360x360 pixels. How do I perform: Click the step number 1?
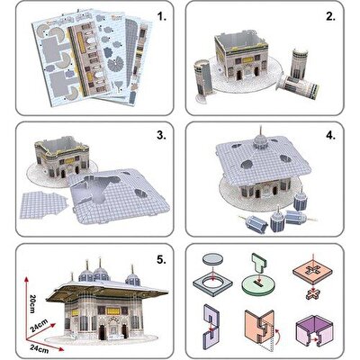tap(160, 17)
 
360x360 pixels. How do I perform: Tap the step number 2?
tap(330, 17)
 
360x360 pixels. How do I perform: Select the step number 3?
tap(160, 135)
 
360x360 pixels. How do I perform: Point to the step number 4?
tap(330, 135)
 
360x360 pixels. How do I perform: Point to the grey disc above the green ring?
tap(212, 256)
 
